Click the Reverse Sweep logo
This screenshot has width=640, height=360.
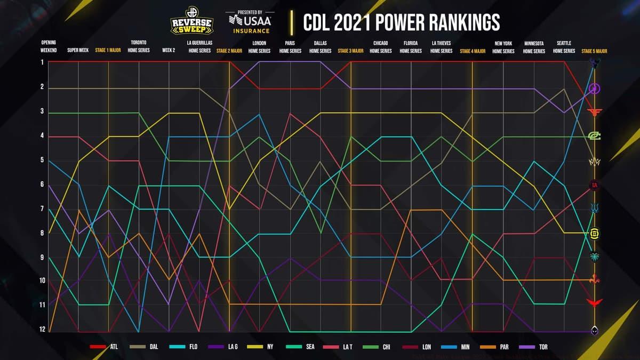click(191, 21)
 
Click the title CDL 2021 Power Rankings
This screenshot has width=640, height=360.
click(401, 22)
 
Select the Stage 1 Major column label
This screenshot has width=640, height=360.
click(108, 51)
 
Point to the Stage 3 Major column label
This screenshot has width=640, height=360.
click(350, 51)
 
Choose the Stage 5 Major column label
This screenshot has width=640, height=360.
click(594, 51)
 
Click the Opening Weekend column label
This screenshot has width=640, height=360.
click(49, 46)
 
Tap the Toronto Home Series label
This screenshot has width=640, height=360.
click(139, 46)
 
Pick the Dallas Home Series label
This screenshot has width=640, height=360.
click(321, 46)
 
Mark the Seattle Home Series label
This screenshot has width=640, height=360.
click(564, 46)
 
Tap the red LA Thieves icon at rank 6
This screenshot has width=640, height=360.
click(594, 185)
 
